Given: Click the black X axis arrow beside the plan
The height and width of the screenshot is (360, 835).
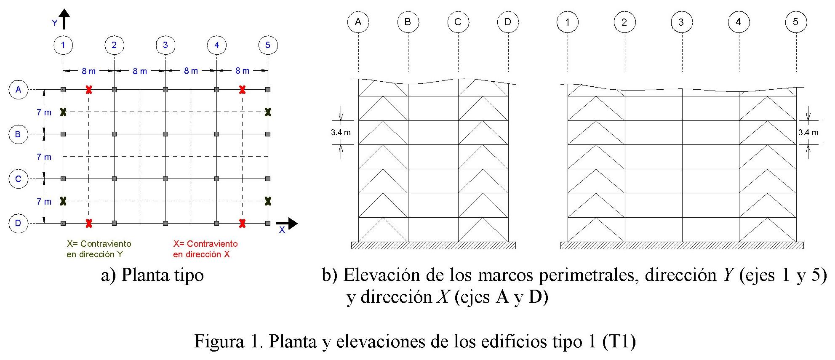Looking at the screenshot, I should (287, 224).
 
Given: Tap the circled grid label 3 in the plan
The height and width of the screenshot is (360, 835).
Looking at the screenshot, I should (165, 45).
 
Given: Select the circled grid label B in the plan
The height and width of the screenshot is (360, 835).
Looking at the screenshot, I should (18, 134).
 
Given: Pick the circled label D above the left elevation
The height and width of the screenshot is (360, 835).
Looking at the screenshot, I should (507, 22).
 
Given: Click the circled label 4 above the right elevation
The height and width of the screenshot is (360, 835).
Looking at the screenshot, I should (738, 22).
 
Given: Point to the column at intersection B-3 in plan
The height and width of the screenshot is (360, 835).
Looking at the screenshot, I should (165, 134).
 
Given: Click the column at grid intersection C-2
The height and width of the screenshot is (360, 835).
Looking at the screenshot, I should (114, 179).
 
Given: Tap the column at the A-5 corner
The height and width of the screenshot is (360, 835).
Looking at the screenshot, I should (268, 90).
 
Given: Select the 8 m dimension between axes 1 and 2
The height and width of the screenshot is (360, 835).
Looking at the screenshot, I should (88, 71).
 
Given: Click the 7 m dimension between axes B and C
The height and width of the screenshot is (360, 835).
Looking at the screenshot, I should (44, 157).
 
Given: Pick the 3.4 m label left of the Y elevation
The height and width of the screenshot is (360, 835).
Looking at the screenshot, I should (341, 133).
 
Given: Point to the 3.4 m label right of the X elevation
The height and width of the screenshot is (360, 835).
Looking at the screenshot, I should (808, 133).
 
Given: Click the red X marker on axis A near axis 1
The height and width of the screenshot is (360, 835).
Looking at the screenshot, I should (88, 90).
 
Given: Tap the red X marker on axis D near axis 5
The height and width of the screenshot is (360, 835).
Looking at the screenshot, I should (242, 224).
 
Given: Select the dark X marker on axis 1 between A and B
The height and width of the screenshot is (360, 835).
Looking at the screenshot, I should (63, 112).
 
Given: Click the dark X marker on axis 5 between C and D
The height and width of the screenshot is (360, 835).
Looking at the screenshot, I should (268, 201).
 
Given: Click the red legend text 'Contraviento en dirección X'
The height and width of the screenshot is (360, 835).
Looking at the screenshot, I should (205, 249).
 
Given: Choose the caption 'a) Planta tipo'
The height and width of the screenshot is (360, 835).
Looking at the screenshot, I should (152, 275).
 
